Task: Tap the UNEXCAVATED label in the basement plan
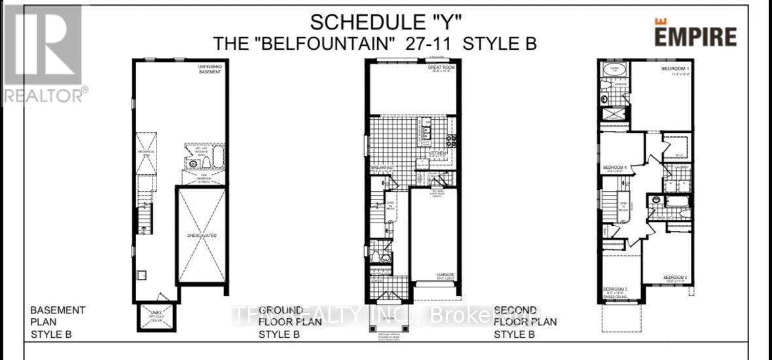click(202, 234)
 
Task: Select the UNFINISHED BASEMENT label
click(210, 69)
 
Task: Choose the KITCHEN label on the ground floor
click(438, 153)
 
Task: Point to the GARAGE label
click(446, 275)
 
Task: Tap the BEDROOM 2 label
click(675, 278)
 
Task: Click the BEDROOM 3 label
click(616, 289)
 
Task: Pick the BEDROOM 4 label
click(615, 168)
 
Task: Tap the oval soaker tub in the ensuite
click(614, 70)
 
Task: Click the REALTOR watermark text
click(43, 96)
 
